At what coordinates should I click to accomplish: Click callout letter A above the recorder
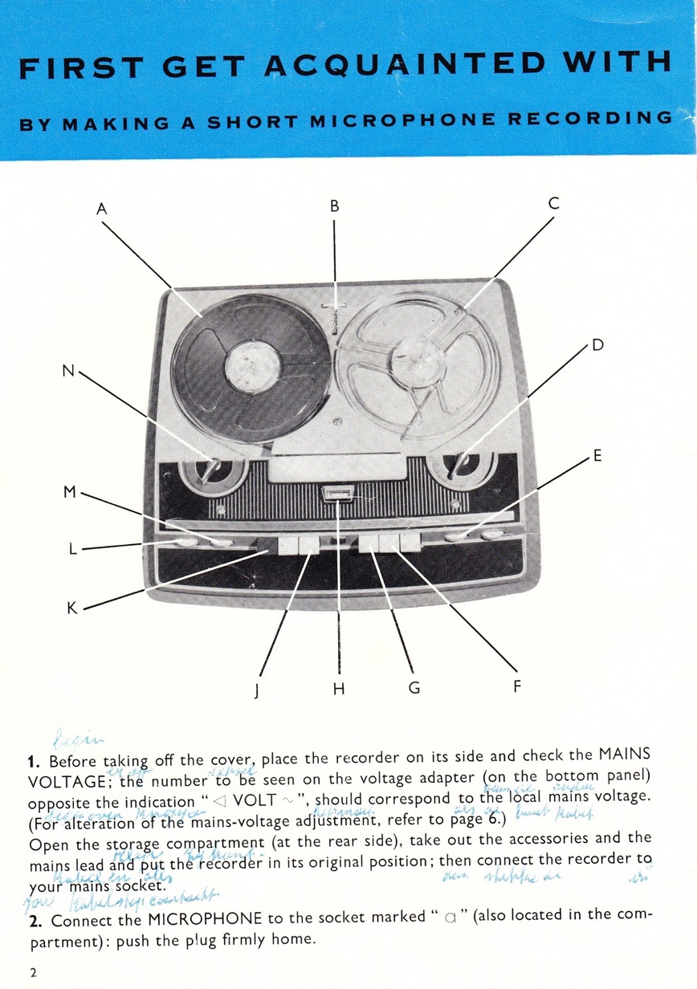(x=101, y=210)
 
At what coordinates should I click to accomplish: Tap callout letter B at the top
(x=335, y=206)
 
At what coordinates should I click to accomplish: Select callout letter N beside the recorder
(x=69, y=371)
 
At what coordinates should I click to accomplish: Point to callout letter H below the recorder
(x=339, y=688)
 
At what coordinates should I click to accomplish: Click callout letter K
(x=71, y=608)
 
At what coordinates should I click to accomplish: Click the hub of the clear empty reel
(x=418, y=363)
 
